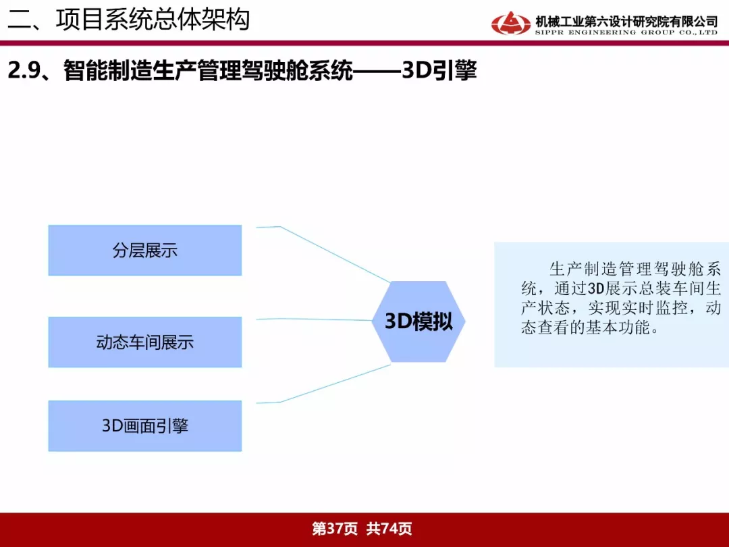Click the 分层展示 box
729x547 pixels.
[145, 251]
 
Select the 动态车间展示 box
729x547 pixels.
[145, 342]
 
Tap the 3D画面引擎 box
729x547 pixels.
[145, 425]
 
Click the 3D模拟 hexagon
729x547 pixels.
[418, 321]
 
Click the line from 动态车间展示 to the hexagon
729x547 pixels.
[315, 319]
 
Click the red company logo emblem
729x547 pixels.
[510, 23]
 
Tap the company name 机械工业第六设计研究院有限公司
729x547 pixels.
[626, 22]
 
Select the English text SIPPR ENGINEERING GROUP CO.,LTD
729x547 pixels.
[626, 32]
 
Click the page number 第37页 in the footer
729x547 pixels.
[335, 528]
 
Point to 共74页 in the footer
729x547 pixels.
[389, 528]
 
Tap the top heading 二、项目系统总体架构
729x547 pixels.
[129, 20]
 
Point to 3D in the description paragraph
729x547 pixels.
[596, 288]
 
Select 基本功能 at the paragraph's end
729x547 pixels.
[617, 328]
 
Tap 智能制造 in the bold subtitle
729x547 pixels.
[108, 71]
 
